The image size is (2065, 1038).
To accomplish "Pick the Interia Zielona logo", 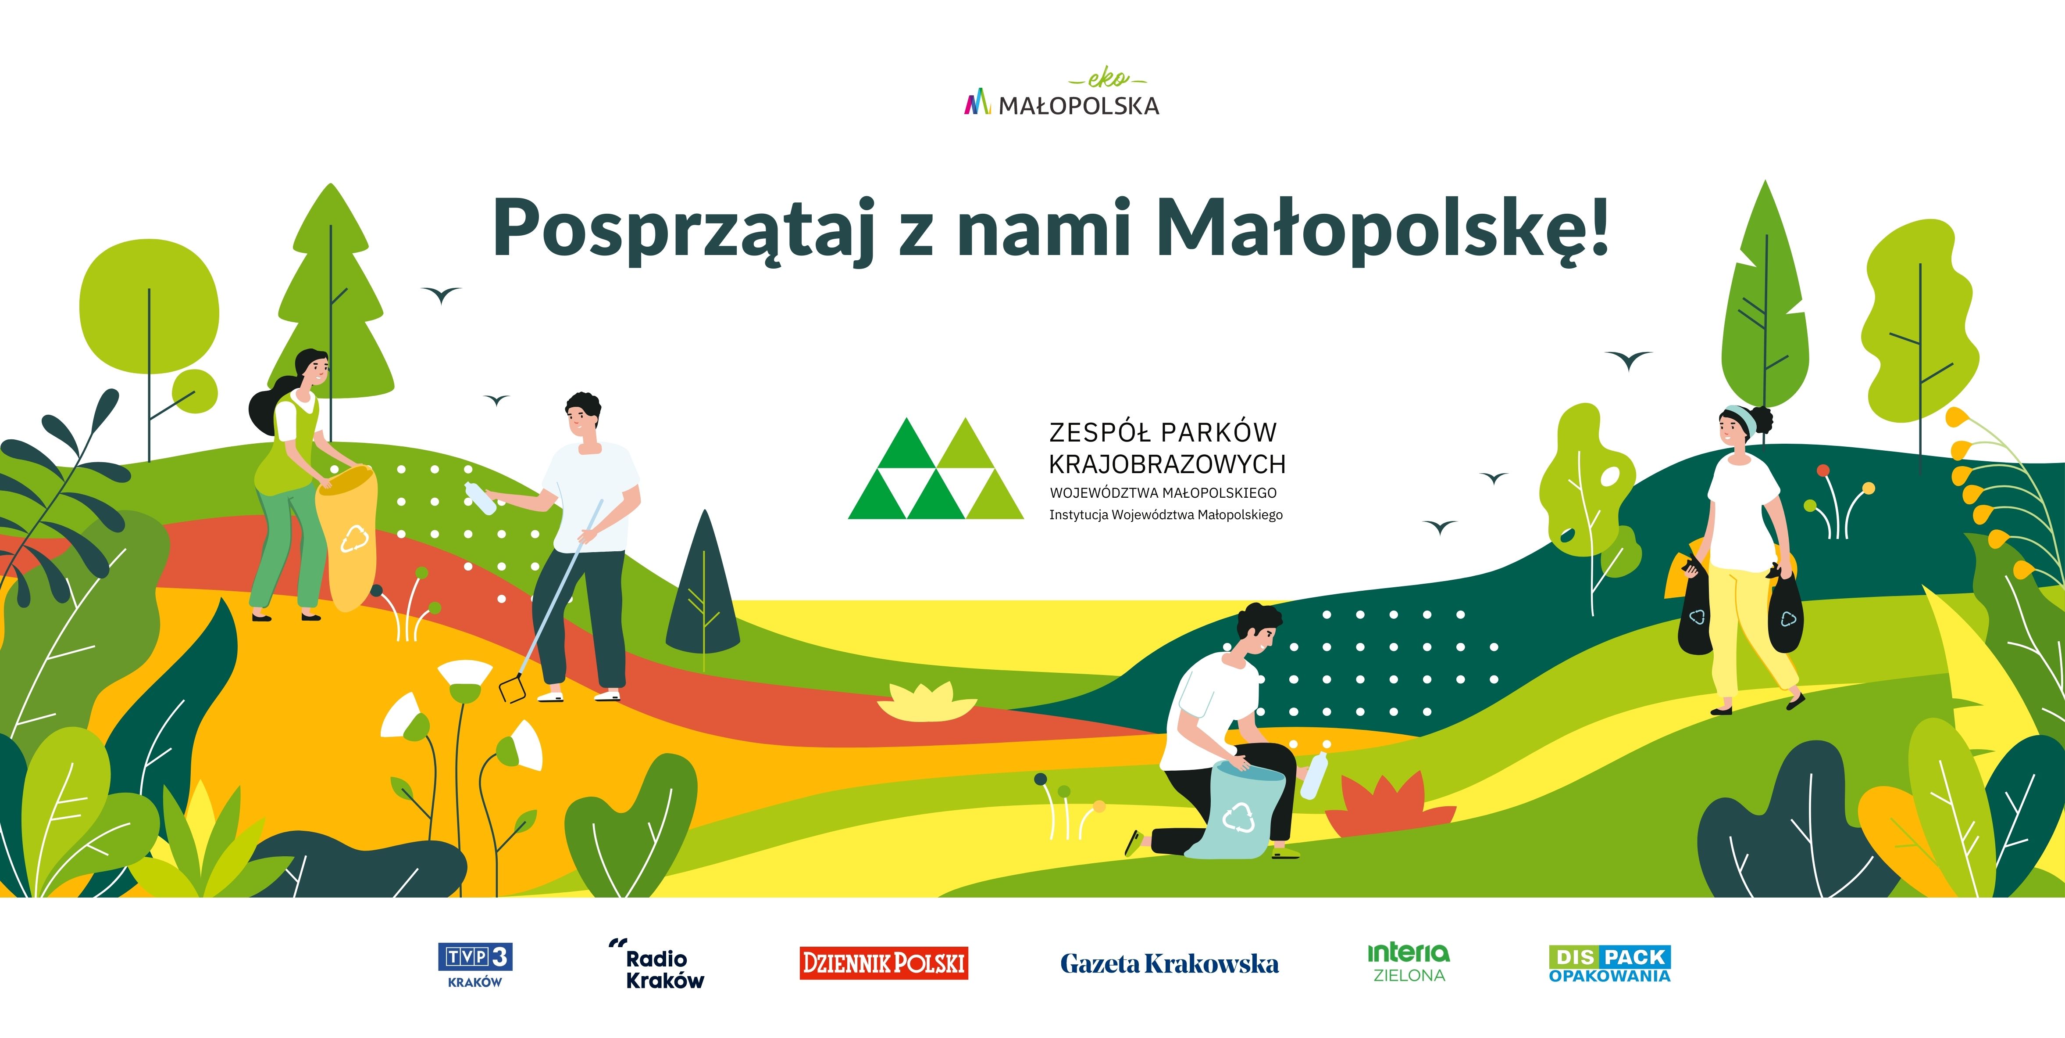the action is point(1409,963).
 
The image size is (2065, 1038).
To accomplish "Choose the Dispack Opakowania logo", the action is point(1610,963).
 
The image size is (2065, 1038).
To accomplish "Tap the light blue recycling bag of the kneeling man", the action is point(1237,810).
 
